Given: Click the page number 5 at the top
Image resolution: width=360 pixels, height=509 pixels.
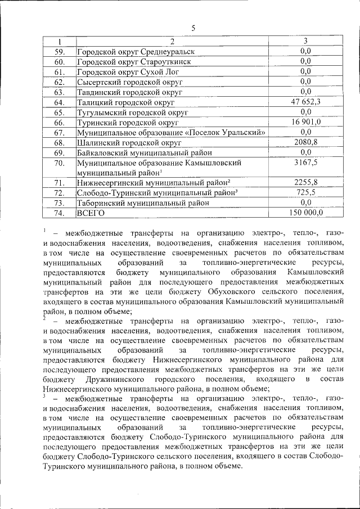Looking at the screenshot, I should click(193, 28).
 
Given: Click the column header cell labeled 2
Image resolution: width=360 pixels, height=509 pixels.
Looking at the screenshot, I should click(172, 41).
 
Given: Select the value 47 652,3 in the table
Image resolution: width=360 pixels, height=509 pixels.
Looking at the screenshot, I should click(305, 102).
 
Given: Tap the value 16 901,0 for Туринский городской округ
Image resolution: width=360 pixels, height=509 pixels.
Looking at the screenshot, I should click(305, 121).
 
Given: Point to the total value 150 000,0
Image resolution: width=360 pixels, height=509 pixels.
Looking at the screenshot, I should click(305, 213).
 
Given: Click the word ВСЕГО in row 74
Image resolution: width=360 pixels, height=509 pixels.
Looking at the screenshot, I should click(91, 213).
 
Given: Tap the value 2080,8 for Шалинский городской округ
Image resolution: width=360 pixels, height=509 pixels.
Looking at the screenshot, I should click(305, 142).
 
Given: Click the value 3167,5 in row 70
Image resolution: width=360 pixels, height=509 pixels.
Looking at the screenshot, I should click(305, 163).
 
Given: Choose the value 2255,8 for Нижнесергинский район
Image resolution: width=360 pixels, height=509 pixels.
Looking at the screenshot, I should click(305, 182).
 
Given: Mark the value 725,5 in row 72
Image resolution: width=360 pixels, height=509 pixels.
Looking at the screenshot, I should click(305, 192).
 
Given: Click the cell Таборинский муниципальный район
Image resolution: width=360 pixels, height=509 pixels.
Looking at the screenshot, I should click(143, 202).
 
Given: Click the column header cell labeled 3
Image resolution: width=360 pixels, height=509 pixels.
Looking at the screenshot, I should click(305, 41).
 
